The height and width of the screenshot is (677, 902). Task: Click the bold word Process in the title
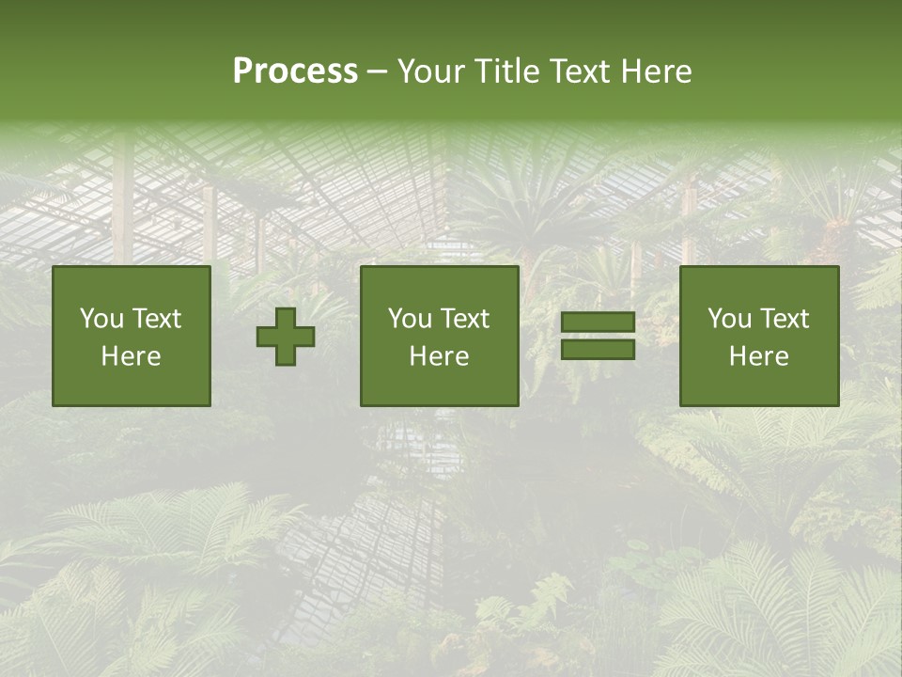[295, 71]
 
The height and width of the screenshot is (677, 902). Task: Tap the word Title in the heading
[505, 71]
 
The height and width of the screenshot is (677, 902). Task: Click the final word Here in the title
[658, 71]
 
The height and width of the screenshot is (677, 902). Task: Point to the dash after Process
[377, 72]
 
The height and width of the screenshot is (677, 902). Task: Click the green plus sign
[286, 336]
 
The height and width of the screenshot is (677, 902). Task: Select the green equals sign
[598, 336]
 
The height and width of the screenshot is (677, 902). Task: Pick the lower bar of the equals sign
[598, 349]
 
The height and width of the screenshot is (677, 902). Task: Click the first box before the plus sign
[132, 336]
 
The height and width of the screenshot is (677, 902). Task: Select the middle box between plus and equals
[439, 336]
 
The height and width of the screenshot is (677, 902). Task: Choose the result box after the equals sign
[759, 336]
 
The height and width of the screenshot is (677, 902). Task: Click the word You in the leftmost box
[101, 319]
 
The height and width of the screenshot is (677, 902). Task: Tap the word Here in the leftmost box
[132, 356]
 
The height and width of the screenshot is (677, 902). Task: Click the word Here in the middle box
[439, 356]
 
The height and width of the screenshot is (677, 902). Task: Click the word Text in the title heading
[576, 71]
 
